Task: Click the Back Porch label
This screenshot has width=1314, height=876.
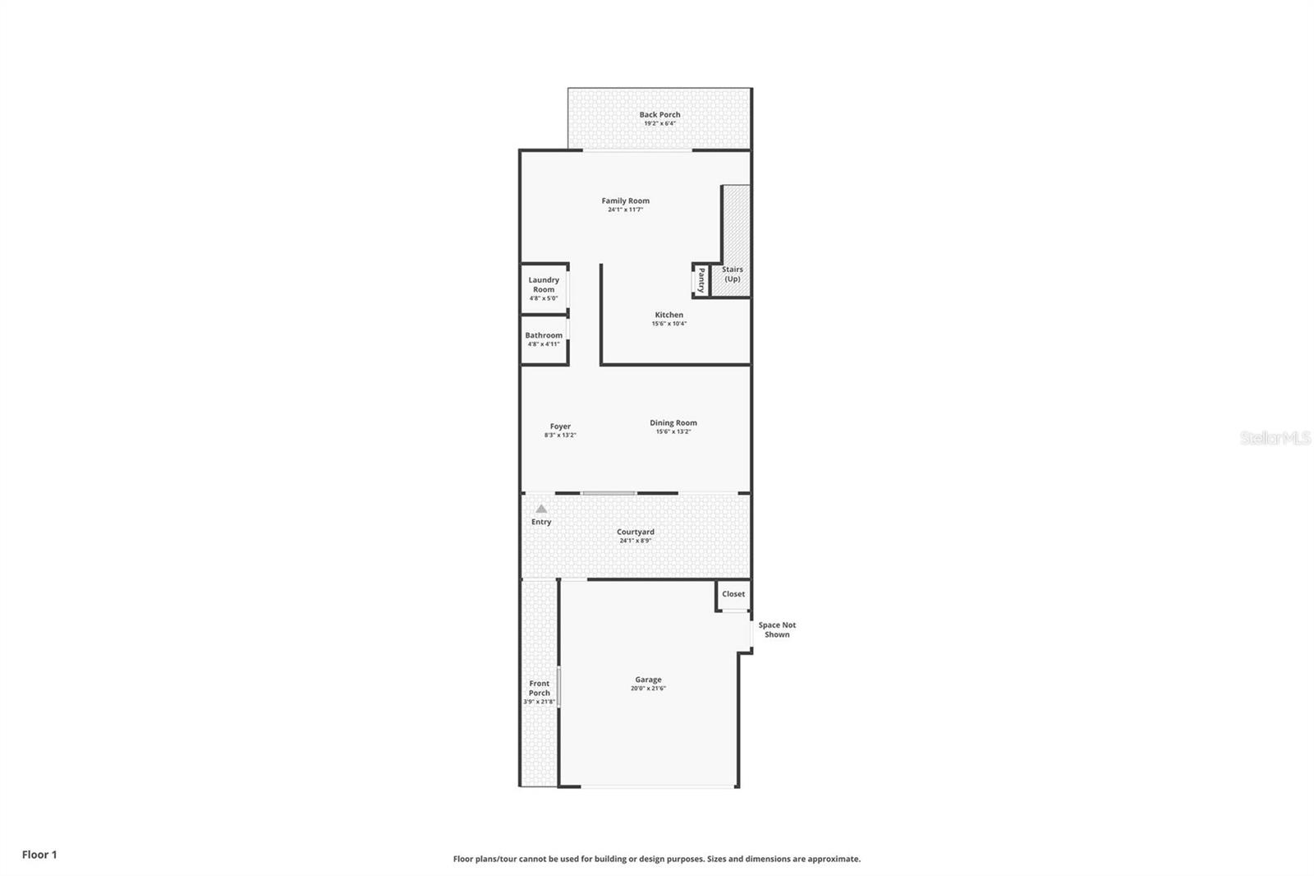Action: click(x=659, y=115)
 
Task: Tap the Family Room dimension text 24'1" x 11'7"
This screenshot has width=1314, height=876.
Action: click(x=625, y=210)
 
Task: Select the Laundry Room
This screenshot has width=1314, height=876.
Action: click(x=544, y=288)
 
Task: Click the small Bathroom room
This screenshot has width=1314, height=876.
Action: click(x=544, y=339)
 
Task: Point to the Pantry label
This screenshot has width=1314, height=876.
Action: click(x=701, y=280)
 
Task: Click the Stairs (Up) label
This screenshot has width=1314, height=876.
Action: click(x=732, y=274)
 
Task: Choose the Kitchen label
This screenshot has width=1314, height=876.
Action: click(x=668, y=315)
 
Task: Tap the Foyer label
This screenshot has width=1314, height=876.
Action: click(x=560, y=426)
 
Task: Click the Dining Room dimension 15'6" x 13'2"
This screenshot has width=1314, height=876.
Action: click(x=673, y=431)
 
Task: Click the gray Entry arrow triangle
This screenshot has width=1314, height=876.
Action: click(x=541, y=509)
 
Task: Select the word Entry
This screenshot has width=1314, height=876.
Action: click(x=541, y=522)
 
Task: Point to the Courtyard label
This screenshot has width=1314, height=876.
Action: click(x=636, y=532)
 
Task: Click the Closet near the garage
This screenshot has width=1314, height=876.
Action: click(x=733, y=594)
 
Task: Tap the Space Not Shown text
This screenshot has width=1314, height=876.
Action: click(x=777, y=629)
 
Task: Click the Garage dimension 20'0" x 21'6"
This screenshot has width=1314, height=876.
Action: click(x=648, y=689)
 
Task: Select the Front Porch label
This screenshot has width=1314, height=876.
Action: click(x=540, y=688)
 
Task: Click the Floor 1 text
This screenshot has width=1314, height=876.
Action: click(x=39, y=855)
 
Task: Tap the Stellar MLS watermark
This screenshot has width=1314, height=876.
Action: click(x=1275, y=439)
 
